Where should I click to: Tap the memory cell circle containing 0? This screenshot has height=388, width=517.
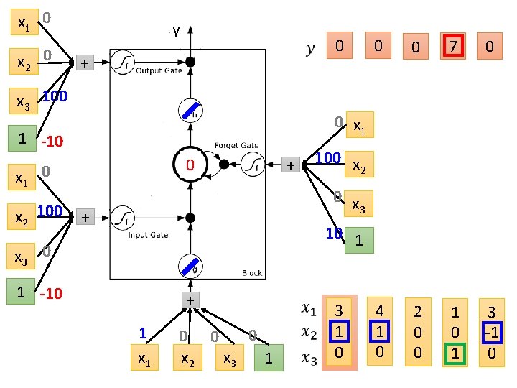coord(190,165)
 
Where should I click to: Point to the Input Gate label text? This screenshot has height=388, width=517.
coord(148,234)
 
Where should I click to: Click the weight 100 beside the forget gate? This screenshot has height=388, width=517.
coord(328,157)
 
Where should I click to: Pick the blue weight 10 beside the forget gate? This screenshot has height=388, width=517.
coord(333,233)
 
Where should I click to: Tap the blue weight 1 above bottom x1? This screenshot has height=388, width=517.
coord(142,333)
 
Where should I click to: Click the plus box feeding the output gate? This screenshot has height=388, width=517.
coord(85,63)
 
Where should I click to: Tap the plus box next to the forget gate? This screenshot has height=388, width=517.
coord(290,165)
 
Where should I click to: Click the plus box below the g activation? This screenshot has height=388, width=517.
coord(190,300)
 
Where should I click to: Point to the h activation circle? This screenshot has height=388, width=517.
coord(190,111)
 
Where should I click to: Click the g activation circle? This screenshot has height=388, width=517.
coord(190,267)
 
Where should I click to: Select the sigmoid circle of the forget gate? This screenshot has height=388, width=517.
coord(250,165)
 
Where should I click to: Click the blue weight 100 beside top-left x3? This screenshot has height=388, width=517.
coord(55,96)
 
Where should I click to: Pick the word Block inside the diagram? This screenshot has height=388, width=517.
coord(252,273)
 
